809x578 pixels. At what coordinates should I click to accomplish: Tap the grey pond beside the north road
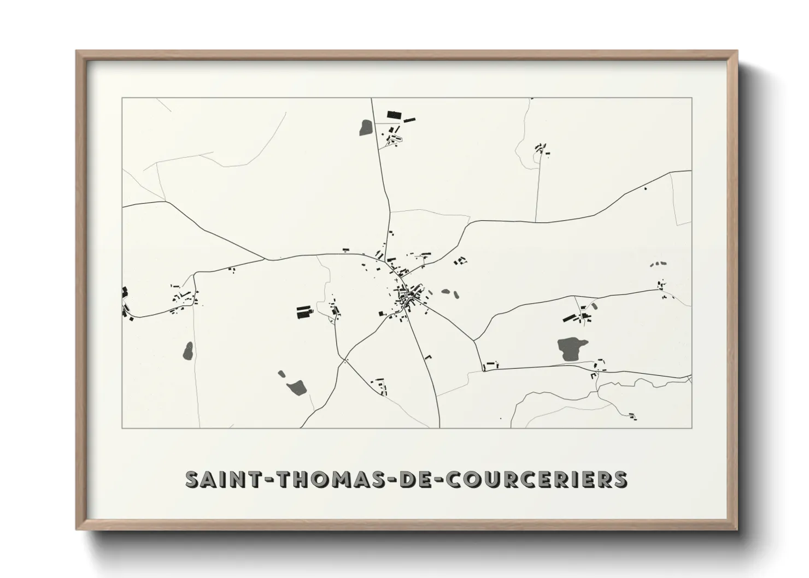(x=365, y=128)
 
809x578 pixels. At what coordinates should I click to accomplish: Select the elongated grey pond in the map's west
(x=188, y=351)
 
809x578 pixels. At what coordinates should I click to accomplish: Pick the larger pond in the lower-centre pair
(x=297, y=387)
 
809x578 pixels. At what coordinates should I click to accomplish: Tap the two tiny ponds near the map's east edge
(x=658, y=264)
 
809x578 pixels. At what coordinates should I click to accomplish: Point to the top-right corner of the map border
(x=691, y=98)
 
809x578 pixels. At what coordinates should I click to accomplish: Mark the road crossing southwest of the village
(x=345, y=361)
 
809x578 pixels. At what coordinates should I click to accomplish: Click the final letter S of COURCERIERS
(x=620, y=479)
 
